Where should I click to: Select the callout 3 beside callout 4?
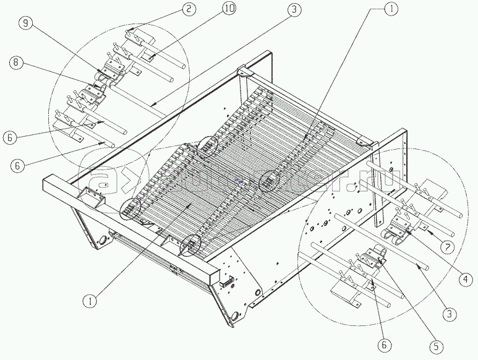tap(451, 314)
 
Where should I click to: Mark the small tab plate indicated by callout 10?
tap(150, 59)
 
